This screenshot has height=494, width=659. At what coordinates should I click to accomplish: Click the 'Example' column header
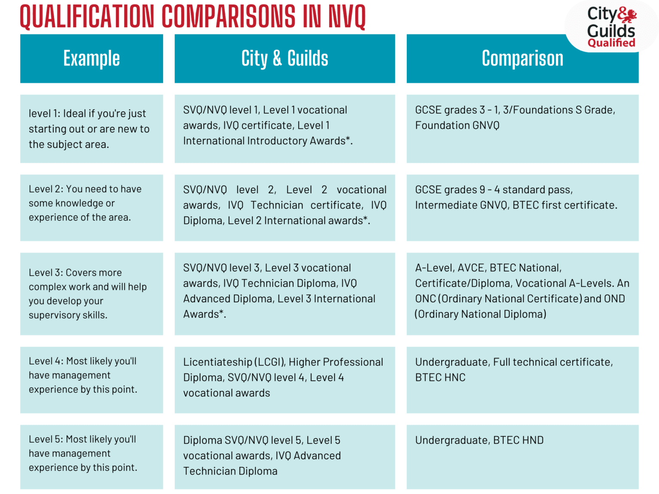tap(91, 58)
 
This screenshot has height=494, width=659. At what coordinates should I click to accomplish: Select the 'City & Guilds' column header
tap(284, 58)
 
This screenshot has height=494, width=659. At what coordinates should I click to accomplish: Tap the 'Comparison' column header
tap(522, 58)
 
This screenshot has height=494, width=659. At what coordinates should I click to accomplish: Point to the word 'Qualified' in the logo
tap(611, 42)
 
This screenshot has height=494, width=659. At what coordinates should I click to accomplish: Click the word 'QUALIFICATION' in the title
tap(87, 17)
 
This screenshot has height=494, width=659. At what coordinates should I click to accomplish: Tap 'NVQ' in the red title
tap(347, 17)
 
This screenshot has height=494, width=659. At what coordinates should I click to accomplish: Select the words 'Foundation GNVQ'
tap(457, 125)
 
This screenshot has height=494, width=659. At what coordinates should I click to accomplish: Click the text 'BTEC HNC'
tap(440, 377)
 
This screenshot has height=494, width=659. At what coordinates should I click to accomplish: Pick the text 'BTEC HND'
tap(518, 440)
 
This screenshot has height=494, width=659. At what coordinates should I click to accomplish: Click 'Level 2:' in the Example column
tap(45, 189)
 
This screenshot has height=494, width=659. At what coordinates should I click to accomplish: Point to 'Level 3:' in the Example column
tap(45, 272)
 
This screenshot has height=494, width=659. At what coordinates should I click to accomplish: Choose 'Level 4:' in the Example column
tap(46, 361)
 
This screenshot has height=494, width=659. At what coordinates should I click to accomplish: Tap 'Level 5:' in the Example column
tap(45, 439)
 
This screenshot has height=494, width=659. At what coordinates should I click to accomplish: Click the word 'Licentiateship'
tap(218, 362)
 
